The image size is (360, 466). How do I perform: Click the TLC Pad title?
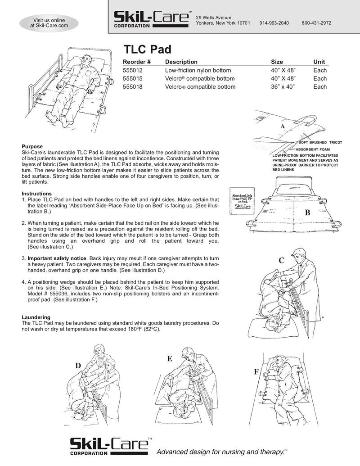(x=147, y=49)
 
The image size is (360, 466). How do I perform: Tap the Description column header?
(x=181, y=62)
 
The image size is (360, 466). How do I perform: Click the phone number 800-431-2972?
(x=316, y=23)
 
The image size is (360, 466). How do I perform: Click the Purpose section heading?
(x=32, y=146)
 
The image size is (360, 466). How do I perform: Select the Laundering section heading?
(x=36, y=317)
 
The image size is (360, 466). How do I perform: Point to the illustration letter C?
(x=281, y=260)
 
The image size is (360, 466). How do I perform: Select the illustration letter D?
(x=78, y=366)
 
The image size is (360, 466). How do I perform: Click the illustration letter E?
(x=169, y=359)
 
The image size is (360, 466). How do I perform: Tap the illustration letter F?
(x=256, y=372)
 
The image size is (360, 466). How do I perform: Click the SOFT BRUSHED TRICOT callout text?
(x=320, y=142)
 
